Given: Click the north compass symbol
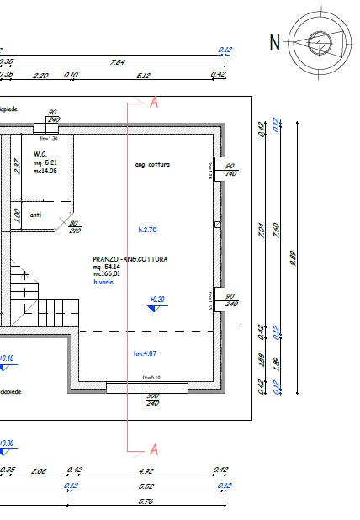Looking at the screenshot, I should click(320, 41).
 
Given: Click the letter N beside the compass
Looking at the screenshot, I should click(274, 42).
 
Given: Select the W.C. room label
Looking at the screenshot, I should click(40, 154).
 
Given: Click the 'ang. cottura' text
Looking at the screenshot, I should click(152, 164).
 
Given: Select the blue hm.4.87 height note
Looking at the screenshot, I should click(146, 353).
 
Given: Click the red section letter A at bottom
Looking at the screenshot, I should click(153, 448).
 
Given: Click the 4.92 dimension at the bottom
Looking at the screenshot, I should click(146, 470).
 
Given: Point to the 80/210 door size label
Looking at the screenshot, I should click(73, 226).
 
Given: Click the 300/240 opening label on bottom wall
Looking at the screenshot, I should click(152, 399).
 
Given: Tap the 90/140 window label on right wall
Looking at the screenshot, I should click(230, 169).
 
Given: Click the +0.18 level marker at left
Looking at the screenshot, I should click(7, 358).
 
